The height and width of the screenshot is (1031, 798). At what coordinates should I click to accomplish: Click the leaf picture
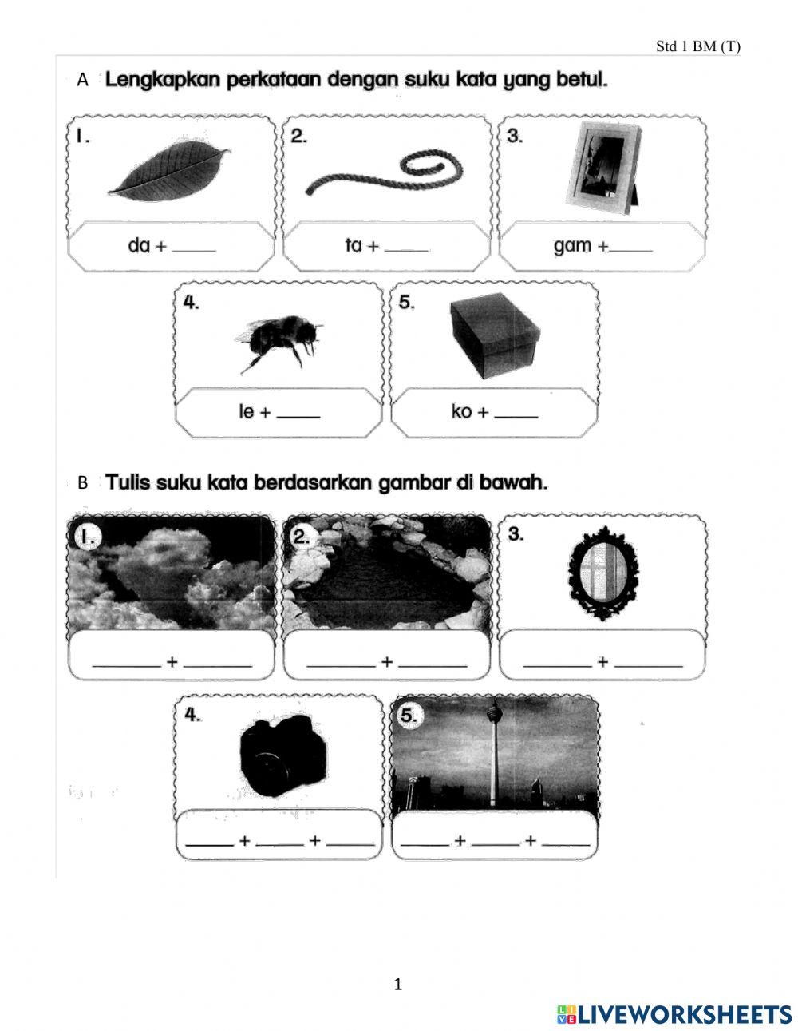pos(169,173)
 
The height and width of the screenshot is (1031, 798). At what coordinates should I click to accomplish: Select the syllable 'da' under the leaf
pos(138,246)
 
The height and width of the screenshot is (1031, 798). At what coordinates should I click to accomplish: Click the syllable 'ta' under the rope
pos(354,246)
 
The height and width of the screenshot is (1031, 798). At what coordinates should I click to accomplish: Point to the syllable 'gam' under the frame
pos(572,246)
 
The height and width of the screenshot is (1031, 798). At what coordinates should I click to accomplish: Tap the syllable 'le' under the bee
pos(247,412)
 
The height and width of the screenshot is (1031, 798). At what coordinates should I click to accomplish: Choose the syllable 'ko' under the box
pos(461,412)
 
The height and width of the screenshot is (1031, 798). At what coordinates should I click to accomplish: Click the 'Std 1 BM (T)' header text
pos(697,46)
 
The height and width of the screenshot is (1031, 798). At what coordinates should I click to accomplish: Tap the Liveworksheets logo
pos(674,1014)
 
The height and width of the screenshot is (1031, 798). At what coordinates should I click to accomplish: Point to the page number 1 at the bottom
pos(398,985)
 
